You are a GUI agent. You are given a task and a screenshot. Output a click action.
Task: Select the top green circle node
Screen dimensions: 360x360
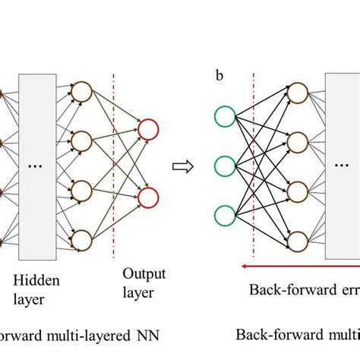coord(226,118)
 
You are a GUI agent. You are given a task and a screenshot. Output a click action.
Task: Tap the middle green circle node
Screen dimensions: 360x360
coord(226,166)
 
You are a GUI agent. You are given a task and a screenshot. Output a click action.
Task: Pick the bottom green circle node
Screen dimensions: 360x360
coord(226,214)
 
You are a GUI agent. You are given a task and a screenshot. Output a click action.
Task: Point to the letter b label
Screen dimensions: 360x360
coord(220,75)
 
